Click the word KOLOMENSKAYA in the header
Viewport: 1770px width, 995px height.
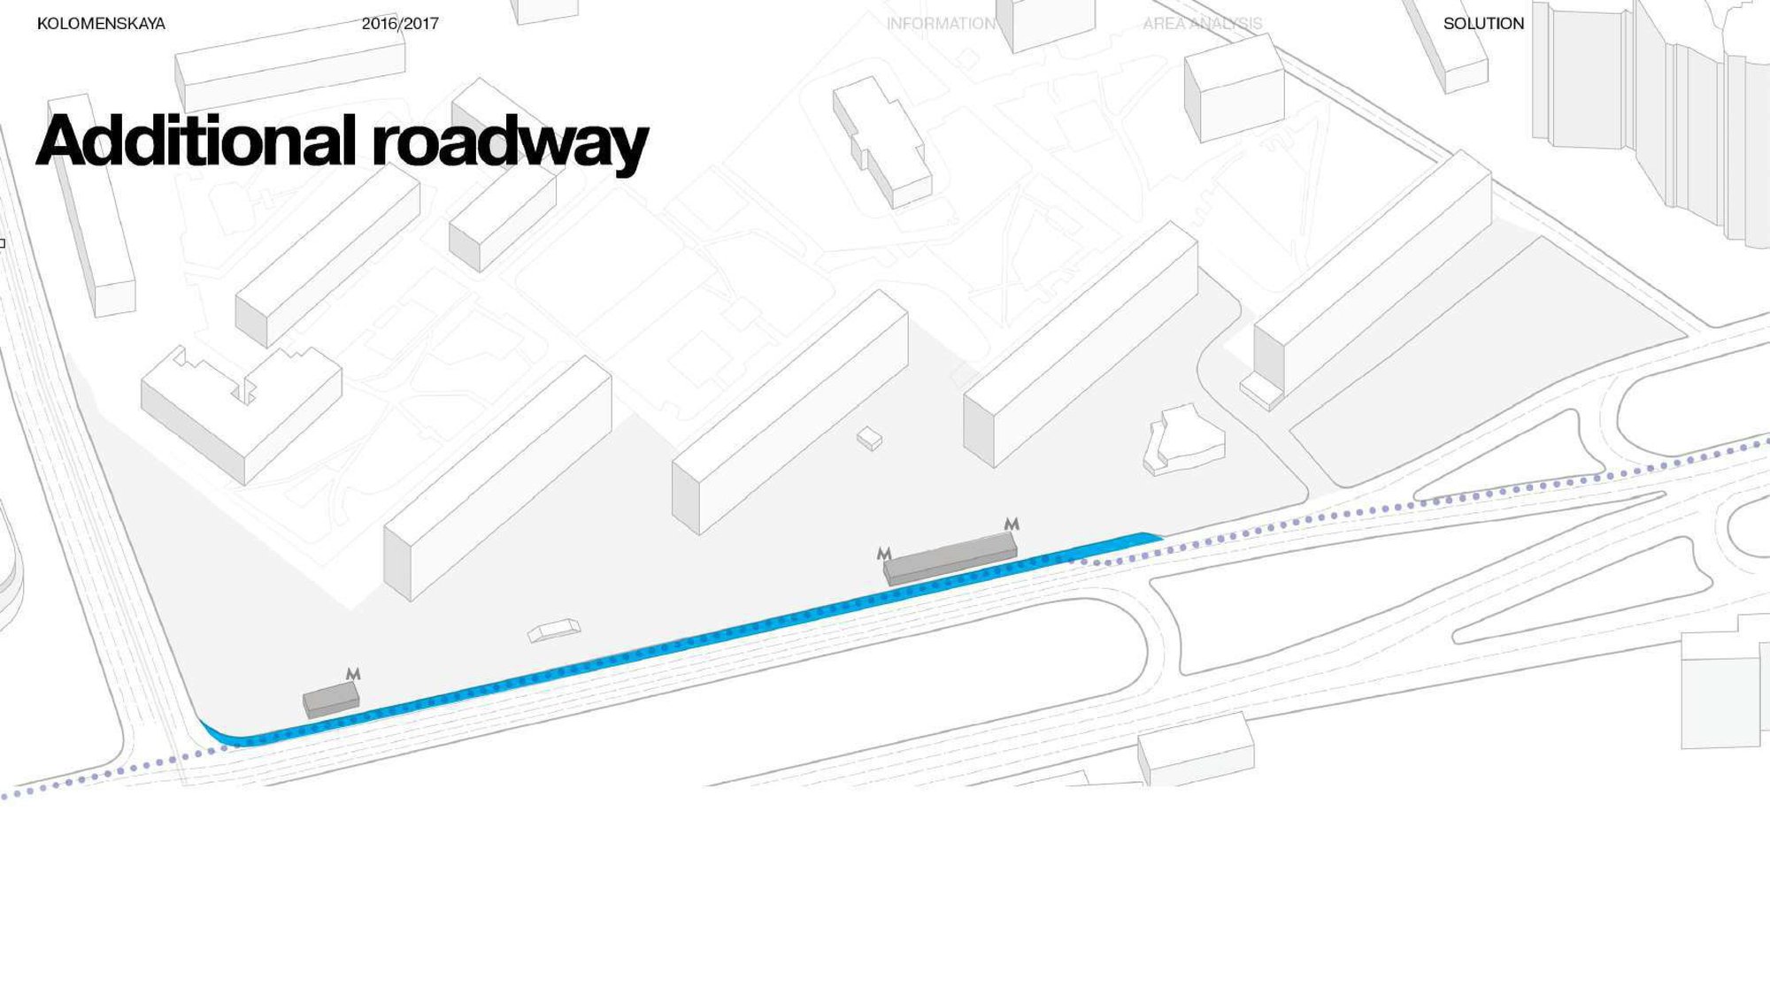coord(101,24)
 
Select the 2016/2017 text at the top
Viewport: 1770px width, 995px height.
coord(400,24)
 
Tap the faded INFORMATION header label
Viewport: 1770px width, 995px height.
coord(941,24)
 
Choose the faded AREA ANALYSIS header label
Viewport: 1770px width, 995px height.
coord(1202,24)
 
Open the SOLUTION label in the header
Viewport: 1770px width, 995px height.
coord(1483,24)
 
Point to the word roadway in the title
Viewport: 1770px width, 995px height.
coord(510,145)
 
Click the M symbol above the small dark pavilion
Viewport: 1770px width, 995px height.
coord(353,674)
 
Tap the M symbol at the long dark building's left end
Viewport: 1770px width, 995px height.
coord(883,554)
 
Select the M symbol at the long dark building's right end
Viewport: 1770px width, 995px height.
coord(1012,524)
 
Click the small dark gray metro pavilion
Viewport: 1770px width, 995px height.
coord(331,700)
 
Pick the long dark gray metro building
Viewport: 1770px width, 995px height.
coord(950,559)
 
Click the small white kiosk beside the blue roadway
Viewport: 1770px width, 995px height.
coord(554,631)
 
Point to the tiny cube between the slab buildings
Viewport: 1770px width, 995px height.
coord(869,439)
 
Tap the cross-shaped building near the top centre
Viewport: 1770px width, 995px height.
coord(881,142)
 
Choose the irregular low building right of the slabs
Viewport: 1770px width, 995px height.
coord(1184,440)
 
